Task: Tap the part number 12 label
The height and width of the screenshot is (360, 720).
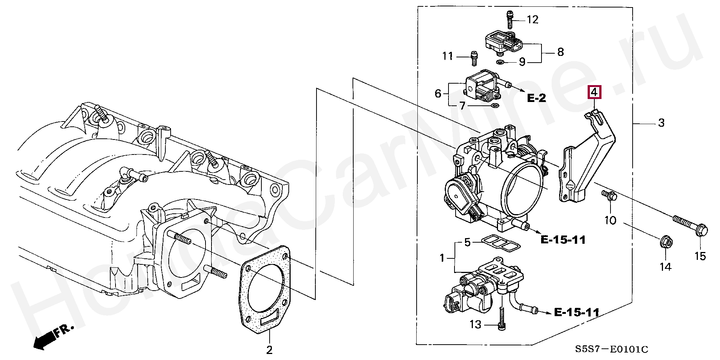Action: point(532,19)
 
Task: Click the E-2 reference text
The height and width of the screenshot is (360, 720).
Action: point(536,98)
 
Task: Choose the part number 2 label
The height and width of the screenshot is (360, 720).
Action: point(269,350)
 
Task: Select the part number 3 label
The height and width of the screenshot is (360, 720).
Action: point(661,123)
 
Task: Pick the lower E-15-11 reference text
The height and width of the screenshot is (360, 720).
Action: point(576,312)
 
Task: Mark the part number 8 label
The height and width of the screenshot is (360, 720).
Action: point(560,52)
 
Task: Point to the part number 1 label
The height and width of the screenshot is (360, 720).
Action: point(442,258)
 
